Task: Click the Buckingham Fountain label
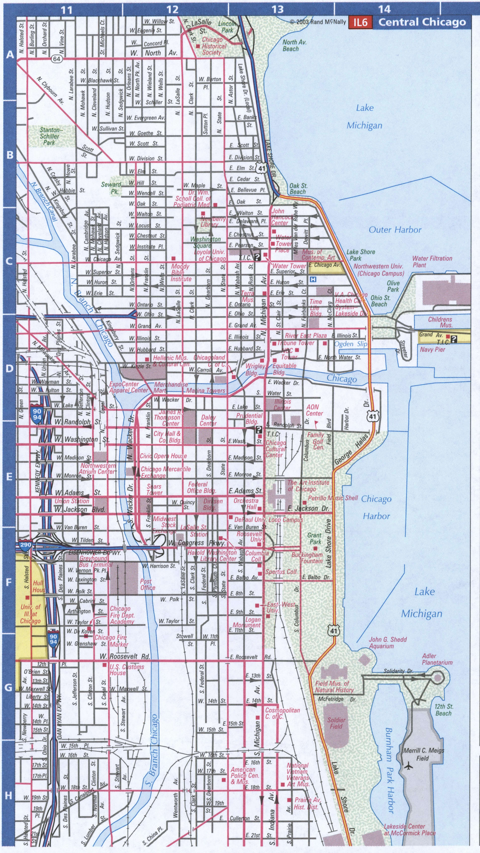coord(307,558)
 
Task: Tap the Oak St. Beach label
coord(298,189)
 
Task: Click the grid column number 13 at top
coord(278,9)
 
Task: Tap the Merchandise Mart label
coord(171,387)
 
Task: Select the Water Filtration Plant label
coord(432,261)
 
